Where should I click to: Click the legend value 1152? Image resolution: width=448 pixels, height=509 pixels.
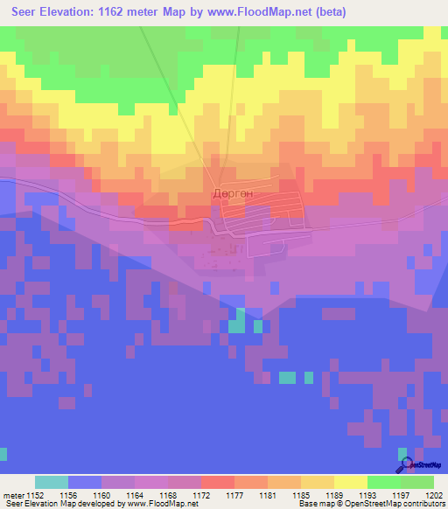click(36, 495)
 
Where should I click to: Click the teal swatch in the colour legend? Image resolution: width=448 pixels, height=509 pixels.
click(52, 482)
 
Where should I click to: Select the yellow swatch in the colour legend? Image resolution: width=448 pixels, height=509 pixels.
click(350, 482)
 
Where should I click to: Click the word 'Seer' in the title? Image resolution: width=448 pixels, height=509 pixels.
click(19, 12)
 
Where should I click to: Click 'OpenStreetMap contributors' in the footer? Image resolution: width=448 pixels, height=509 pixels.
click(399, 505)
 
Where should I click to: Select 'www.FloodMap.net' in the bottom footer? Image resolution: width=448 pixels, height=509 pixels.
click(156, 505)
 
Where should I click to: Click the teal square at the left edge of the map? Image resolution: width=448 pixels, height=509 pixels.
click(3, 454)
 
